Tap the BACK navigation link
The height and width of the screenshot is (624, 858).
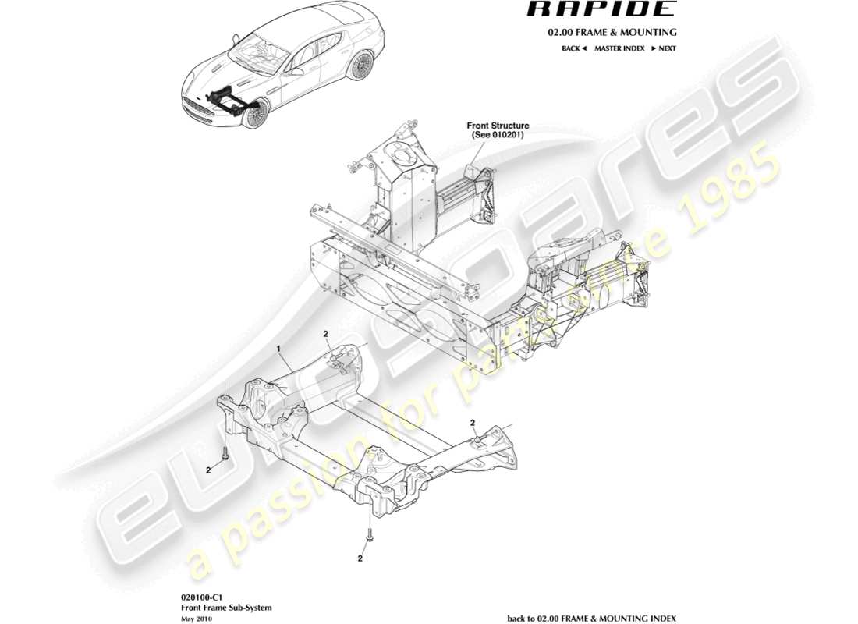(573, 48)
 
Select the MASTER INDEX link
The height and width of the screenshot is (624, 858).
(619, 48)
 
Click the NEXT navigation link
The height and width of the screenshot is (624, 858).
(664, 48)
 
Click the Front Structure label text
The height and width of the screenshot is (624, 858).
(498, 126)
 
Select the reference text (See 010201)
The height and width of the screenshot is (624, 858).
(498, 135)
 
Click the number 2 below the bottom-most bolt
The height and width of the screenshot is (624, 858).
(360, 558)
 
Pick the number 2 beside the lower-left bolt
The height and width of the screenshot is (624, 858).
(208, 470)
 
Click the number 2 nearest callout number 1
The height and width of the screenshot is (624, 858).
(326, 335)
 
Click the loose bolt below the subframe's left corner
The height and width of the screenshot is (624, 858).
(225, 452)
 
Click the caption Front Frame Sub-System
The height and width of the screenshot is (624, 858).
(204, 606)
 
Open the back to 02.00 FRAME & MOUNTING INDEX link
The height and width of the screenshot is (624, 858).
(591, 618)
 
